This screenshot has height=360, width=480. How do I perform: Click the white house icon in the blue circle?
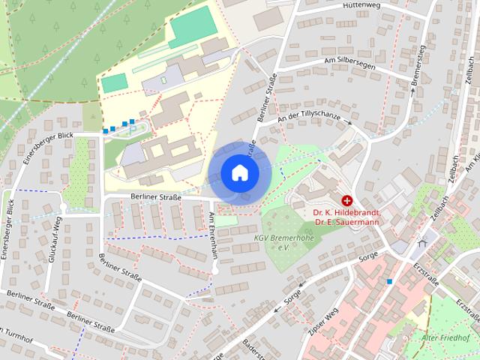pyautogui.click(x=239, y=172)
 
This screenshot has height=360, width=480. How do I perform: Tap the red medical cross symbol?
pyautogui.click(x=347, y=201)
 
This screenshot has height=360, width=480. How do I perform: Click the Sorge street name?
pyautogui.click(x=368, y=257)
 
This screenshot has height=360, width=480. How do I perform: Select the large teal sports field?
pyautogui.click(x=193, y=25)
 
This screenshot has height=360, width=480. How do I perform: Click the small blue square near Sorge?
pyautogui.click(x=389, y=282)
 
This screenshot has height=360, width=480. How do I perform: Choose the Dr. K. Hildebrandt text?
pyautogui.click(x=347, y=212)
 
